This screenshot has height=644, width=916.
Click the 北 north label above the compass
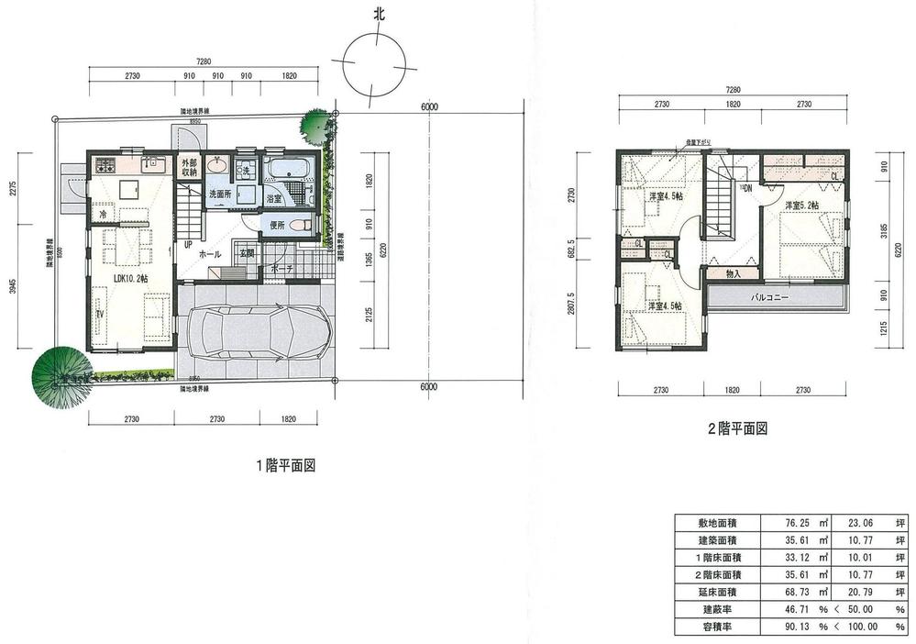tap(377, 15)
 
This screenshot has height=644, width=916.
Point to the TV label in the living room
tap(100, 314)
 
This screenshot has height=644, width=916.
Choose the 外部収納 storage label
tap(189, 166)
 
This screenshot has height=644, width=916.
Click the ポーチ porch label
tap(282, 269)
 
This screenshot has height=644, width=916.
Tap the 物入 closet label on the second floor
tap(734, 272)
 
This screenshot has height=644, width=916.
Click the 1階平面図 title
tap(285, 465)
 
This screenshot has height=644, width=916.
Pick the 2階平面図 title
tap(735, 427)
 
